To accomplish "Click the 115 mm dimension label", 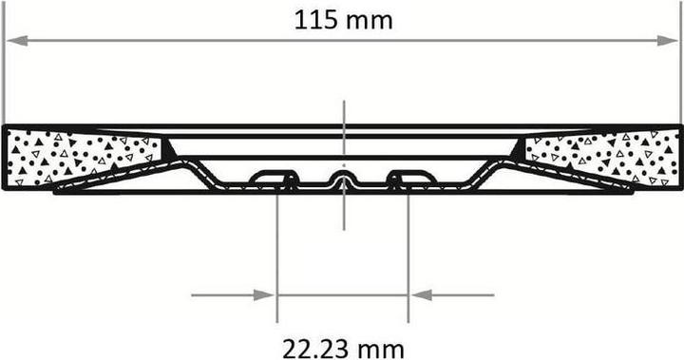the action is tap(343, 20).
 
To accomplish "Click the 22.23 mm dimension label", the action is tap(343, 349).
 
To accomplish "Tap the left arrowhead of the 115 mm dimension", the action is tap(17, 41).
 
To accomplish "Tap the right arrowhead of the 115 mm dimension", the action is tap(668, 41).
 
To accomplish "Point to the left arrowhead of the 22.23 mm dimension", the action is tap(264, 295).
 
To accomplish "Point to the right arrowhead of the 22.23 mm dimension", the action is tap(422, 295).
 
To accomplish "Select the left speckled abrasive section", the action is tap(85, 158).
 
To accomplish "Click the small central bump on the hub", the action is tap(344, 178).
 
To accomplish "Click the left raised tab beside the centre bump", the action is tap(274, 177).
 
